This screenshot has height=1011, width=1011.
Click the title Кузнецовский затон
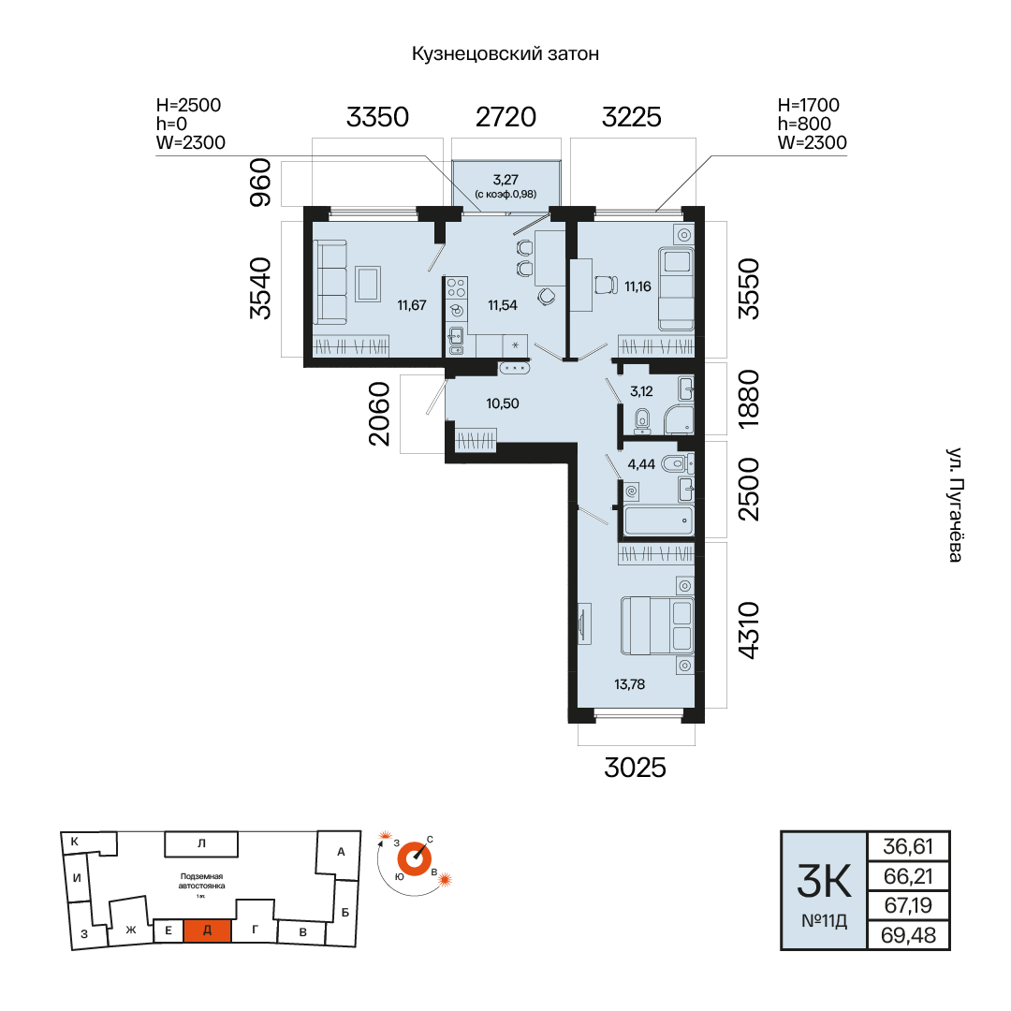[x=505, y=53]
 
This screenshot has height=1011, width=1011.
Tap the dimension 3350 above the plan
[x=377, y=117]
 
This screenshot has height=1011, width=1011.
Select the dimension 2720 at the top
[x=505, y=117]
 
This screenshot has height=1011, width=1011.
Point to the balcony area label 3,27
[x=505, y=179]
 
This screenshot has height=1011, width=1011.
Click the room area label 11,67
[x=411, y=305]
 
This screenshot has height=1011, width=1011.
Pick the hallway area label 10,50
[x=503, y=403]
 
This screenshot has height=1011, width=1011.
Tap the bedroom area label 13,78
[x=629, y=684]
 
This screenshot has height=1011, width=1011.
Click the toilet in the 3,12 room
[x=641, y=420]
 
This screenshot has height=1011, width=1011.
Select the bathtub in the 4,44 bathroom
[x=658, y=520]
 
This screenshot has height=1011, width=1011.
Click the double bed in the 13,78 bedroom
[x=657, y=625]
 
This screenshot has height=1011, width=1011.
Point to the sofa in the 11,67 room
[x=330, y=283]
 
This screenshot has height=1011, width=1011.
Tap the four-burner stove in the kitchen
[x=457, y=287]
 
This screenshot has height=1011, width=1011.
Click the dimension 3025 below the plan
[x=635, y=768]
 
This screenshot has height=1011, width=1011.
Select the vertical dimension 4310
[x=749, y=630]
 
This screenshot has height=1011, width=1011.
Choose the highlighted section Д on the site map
[x=207, y=930]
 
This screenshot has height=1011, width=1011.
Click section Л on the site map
[x=201, y=843]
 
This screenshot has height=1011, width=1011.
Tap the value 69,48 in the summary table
[x=908, y=935]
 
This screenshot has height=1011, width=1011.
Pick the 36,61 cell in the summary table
[x=908, y=846]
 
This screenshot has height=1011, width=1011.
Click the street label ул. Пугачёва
[x=955, y=505]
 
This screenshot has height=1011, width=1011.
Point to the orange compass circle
[x=414, y=859]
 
